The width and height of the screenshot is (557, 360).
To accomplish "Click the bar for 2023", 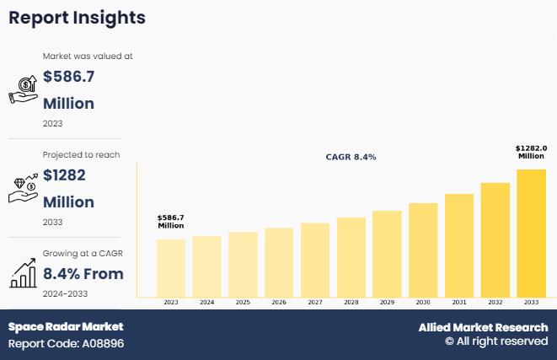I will [170, 267].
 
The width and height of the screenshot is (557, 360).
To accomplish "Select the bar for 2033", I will [531, 233].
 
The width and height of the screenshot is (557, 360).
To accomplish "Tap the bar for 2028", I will [351, 256].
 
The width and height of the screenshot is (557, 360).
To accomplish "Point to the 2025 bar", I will [243, 264].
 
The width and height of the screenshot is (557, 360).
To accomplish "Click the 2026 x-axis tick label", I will [279, 302].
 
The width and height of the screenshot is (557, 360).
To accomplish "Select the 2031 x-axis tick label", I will [459, 302].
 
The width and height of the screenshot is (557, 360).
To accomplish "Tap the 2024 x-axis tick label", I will [206, 302].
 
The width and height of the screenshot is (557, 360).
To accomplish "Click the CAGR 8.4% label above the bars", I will [351, 157].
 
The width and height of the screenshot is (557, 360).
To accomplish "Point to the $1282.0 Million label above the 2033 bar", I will [531, 152].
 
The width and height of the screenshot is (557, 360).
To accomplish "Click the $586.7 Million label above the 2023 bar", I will [170, 222].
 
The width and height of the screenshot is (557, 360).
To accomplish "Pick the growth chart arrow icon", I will [23, 272].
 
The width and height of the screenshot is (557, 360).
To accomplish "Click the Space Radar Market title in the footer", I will [66, 326].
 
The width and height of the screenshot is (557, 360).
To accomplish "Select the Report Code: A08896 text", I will [66, 344].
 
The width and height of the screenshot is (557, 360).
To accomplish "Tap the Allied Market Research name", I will [483, 327].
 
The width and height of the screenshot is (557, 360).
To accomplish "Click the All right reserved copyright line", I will [496, 341].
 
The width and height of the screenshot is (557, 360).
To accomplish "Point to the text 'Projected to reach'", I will [81, 154].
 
